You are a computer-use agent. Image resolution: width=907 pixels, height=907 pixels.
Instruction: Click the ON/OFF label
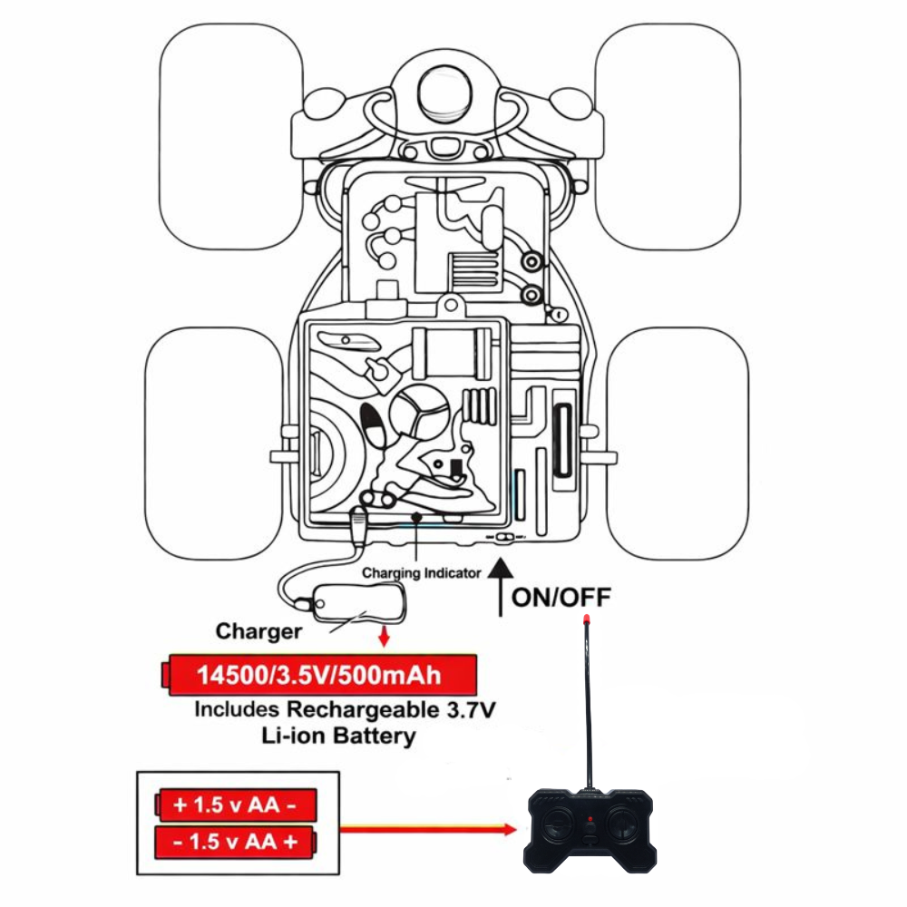[561, 597]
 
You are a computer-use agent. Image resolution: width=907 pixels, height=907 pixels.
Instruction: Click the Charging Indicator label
[421, 572]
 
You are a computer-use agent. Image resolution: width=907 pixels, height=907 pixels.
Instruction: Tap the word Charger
[258, 630]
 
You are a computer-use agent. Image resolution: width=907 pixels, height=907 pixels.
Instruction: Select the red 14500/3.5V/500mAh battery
[319, 675]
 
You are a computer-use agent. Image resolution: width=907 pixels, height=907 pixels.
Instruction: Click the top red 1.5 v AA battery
[237, 804]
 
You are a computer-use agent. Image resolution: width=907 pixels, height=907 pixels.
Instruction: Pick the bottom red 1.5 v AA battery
[237, 842]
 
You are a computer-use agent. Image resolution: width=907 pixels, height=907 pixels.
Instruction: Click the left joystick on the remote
[555, 822]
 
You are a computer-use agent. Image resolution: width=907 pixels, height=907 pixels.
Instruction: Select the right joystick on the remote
[625, 822]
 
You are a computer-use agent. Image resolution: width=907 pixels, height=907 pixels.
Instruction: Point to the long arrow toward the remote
[426, 828]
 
